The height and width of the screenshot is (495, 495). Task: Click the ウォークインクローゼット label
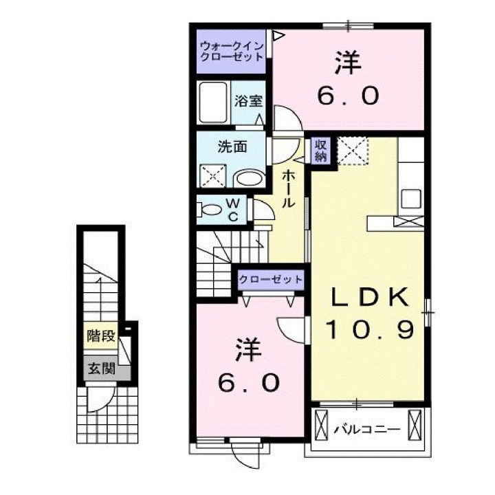[232, 52]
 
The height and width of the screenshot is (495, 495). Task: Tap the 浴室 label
[248, 101]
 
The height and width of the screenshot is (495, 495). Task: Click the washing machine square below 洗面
[214, 176]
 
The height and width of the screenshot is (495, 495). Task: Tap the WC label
[232, 209]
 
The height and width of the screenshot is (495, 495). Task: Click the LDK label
[371, 297]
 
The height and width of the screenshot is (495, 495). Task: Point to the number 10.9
[371, 330]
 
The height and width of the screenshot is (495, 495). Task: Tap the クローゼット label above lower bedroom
[270, 280]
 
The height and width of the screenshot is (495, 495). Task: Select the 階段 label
[99, 336]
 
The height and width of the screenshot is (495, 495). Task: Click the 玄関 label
[99, 368]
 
